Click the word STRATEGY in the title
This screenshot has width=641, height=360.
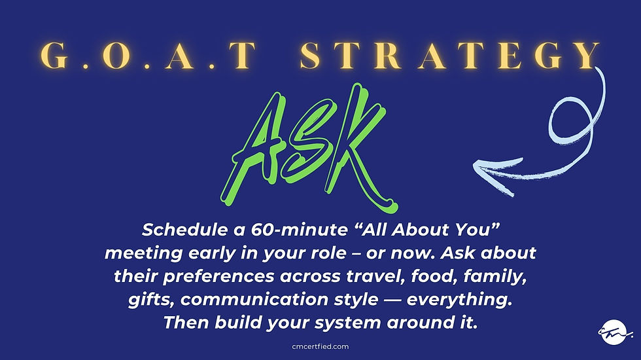pyautogui.click(x=450, y=57)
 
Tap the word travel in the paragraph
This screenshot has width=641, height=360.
pyautogui.click(x=366, y=276)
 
